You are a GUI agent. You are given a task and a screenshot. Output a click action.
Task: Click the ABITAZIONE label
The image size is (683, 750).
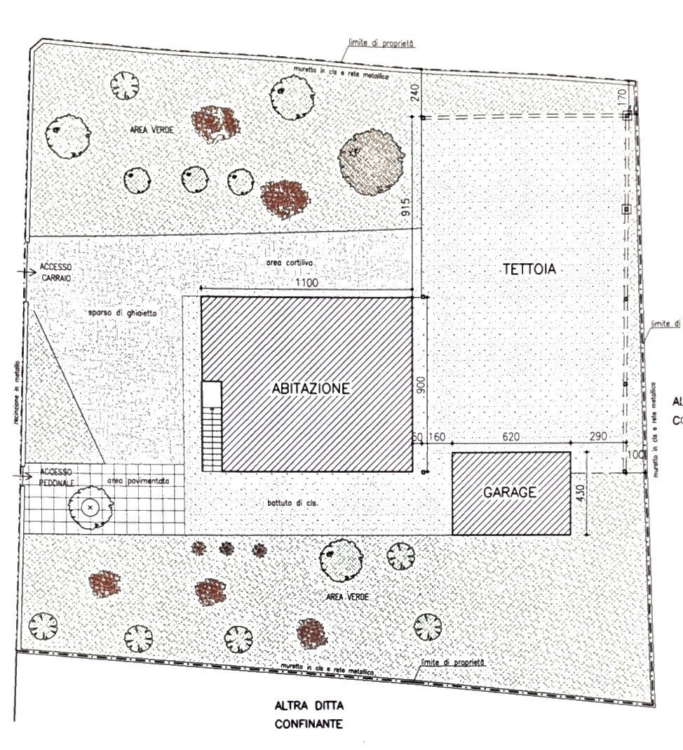tap(311, 388)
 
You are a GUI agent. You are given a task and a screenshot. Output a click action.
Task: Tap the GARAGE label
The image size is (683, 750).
tap(510, 493)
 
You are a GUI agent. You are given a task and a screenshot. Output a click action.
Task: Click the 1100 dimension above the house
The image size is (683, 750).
tap(306, 283)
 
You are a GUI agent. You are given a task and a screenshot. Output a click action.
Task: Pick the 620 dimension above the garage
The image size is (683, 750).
tap(510, 437)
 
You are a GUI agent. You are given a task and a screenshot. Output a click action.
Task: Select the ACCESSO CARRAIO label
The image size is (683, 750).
tap(56, 271)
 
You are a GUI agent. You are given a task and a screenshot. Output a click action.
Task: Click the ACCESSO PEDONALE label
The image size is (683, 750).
tap(56, 475)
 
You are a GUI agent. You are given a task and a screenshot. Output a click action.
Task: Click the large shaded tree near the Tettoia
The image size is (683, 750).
tap(372, 161)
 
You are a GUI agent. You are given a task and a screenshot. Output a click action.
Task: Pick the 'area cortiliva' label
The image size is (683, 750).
tap(289, 262)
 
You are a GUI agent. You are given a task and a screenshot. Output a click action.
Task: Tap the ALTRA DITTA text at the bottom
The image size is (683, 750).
tap(309, 704)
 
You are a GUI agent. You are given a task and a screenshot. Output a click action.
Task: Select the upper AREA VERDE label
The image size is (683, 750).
tap(151, 130)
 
